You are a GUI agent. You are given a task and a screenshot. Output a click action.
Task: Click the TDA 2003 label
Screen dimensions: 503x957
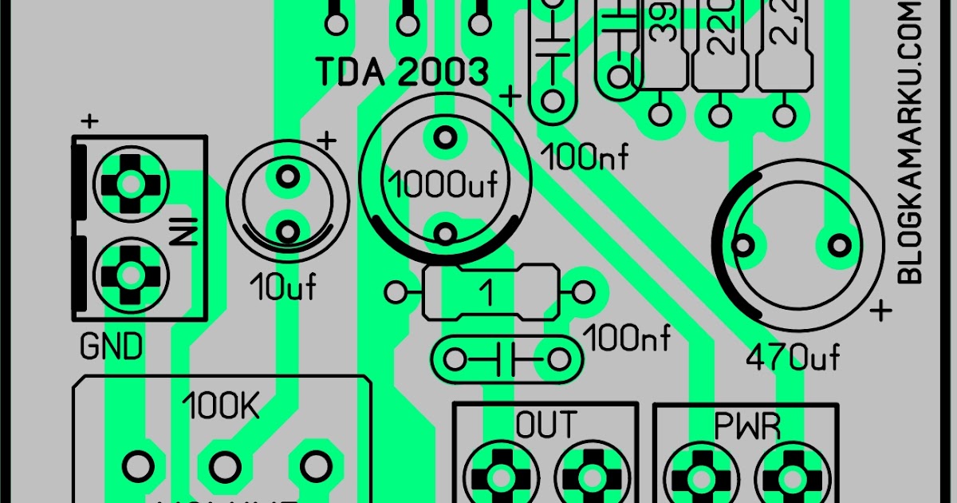pos(403,72)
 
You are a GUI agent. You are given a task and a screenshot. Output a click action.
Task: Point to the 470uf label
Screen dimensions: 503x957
pos(793,357)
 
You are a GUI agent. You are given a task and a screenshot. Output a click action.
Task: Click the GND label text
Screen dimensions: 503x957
pos(112,347)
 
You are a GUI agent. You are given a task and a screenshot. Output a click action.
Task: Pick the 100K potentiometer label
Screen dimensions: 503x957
pos(221,407)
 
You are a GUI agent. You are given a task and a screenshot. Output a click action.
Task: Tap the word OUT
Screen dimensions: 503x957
pos(545,425)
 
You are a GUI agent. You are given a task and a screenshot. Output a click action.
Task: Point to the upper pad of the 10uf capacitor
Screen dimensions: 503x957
pos(287,174)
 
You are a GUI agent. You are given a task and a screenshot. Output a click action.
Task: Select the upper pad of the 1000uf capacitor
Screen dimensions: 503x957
pos(444,138)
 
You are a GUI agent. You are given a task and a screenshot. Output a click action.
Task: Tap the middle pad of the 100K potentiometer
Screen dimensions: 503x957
pos(226,464)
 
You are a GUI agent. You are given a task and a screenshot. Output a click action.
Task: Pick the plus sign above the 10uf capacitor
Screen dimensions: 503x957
pos(326,141)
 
